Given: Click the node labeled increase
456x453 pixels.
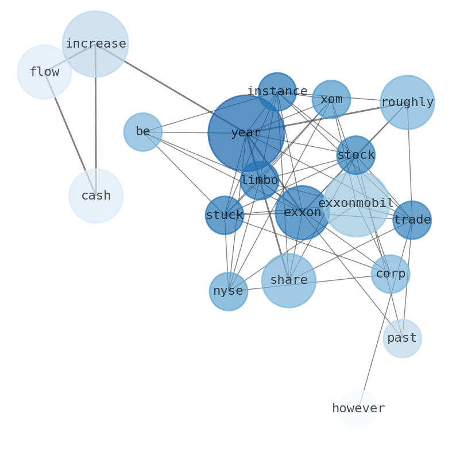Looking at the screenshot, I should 95,44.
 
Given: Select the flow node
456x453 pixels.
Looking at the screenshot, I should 44,72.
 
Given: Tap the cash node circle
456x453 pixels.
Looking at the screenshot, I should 96,196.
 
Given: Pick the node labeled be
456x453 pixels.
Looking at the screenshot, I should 143,132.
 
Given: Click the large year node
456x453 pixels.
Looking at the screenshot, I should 246,133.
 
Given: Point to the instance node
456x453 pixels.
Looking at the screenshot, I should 277,92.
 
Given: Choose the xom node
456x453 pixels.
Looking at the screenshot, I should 331,99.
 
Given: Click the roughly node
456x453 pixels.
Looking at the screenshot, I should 407,103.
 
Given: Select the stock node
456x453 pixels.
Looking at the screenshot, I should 356,155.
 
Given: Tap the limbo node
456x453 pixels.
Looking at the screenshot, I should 260,180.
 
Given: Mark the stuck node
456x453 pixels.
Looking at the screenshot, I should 225,216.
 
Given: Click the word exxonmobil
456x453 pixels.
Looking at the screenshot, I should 356,204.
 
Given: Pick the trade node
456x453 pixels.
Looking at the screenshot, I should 412,220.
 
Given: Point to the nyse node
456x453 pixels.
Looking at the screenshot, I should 229,291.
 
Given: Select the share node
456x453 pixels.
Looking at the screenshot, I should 289,280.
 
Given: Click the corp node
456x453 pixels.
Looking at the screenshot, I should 391,274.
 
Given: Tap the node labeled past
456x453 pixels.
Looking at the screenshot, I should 402,338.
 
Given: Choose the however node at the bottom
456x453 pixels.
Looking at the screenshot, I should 358,409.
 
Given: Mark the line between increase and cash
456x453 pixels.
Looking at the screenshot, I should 95,120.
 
